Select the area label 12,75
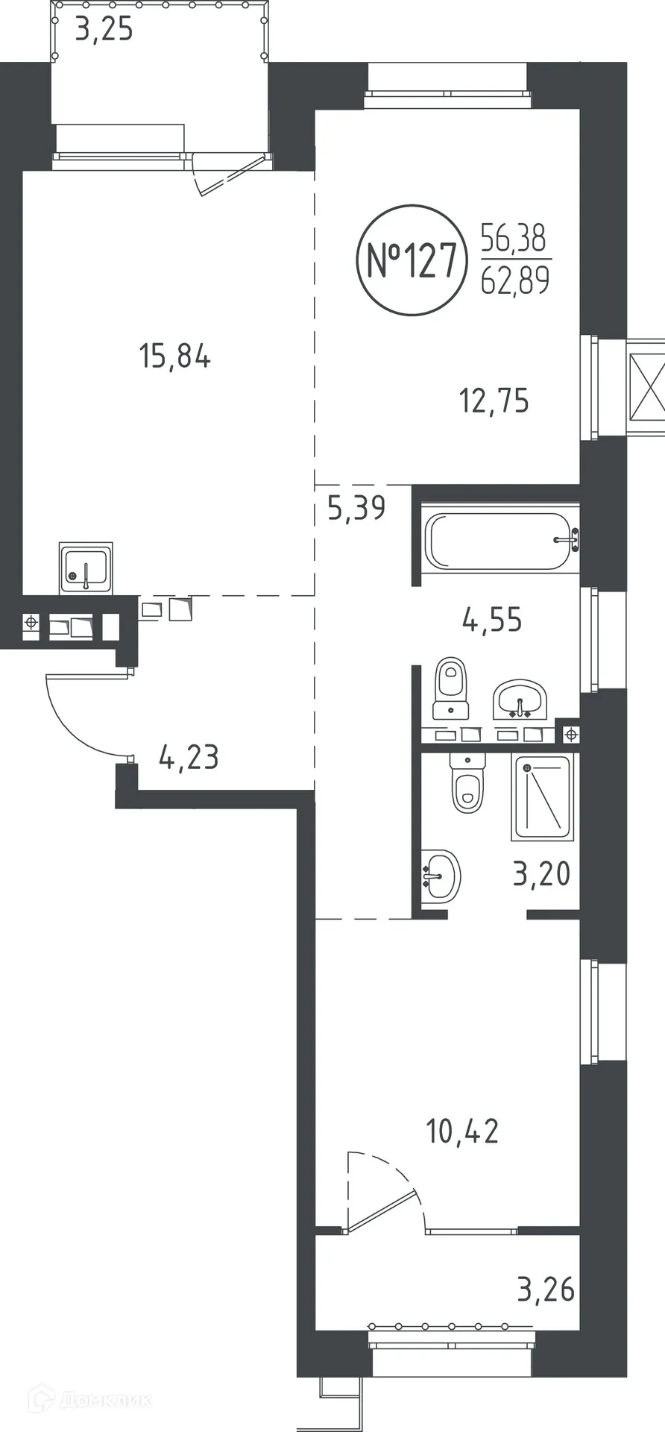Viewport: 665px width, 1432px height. click(494, 401)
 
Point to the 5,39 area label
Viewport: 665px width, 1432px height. click(356, 508)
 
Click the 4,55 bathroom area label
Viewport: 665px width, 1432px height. click(492, 619)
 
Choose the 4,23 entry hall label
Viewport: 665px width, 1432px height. click(189, 757)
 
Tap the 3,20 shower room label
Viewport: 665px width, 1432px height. click(541, 873)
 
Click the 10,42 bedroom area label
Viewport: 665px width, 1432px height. click(462, 1131)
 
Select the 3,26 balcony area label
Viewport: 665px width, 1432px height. click(546, 1288)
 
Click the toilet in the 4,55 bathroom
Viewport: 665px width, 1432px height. click(451, 686)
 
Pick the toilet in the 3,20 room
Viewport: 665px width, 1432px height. click(468, 783)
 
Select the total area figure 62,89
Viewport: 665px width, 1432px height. click(515, 280)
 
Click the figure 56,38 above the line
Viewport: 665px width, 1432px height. click(514, 239)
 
